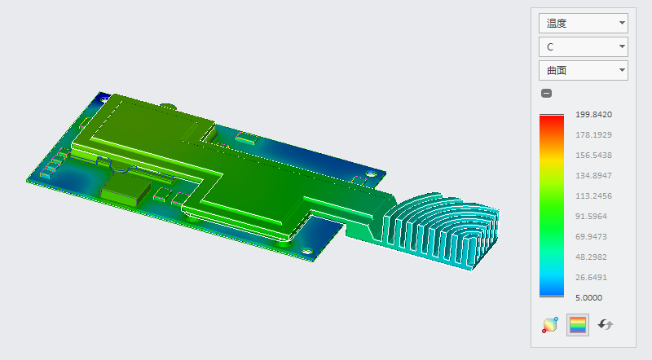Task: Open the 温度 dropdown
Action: (x=583, y=24)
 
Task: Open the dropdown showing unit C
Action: (x=583, y=47)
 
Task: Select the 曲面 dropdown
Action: (x=583, y=71)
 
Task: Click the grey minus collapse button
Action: (x=546, y=93)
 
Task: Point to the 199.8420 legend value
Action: (x=593, y=115)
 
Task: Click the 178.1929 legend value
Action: (x=593, y=135)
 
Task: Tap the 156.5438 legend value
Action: (x=593, y=156)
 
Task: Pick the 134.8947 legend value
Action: (x=593, y=176)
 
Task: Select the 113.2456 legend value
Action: (x=593, y=196)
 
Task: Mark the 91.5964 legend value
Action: (x=591, y=217)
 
